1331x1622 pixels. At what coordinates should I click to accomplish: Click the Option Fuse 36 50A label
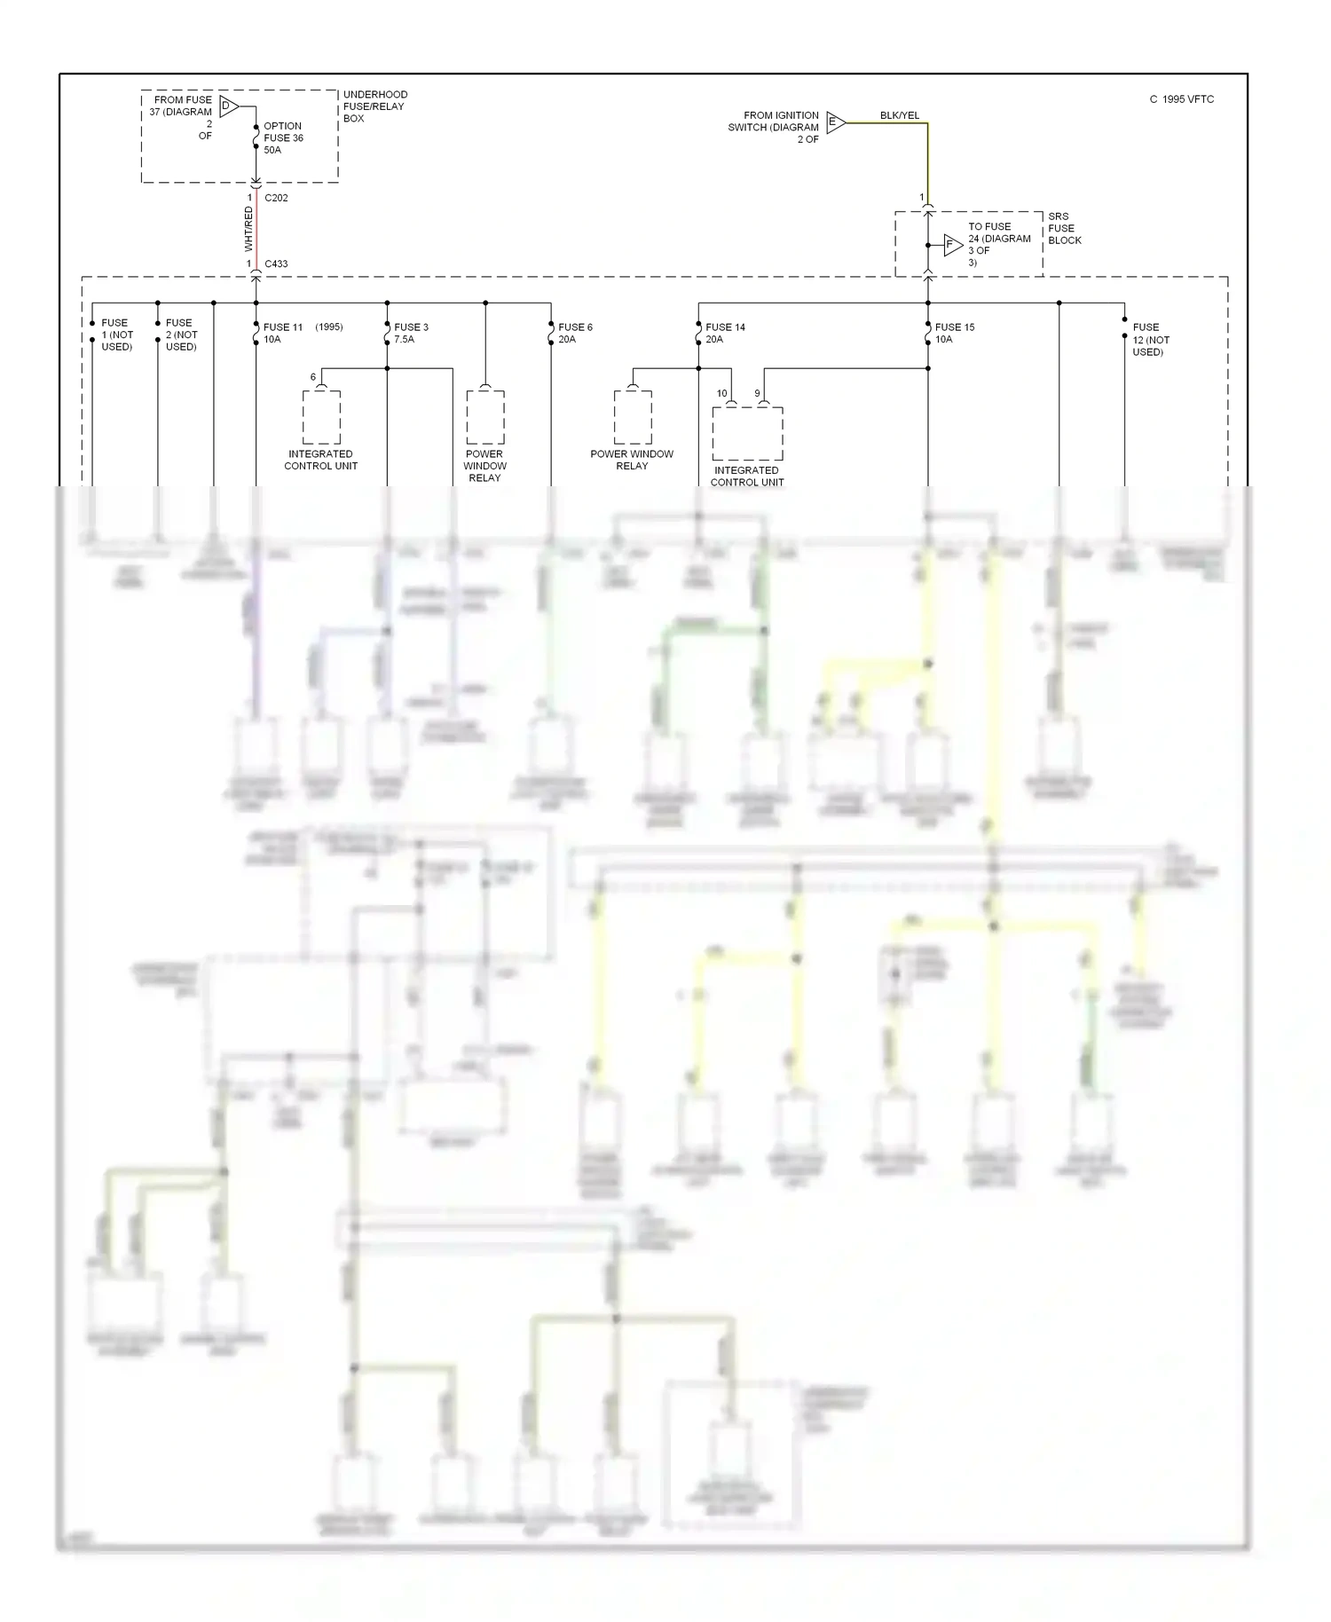pyautogui.click(x=283, y=138)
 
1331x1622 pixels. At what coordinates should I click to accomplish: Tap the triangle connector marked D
pyautogui.click(x=228, y=106)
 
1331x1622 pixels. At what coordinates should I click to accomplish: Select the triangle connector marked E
pyautogui.click(x=835, y=122)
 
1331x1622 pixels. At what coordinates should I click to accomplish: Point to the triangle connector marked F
pyautogui.click(x=952, y=245)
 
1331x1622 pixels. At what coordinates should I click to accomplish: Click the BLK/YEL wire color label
pyautogui.click(x=899, y=115)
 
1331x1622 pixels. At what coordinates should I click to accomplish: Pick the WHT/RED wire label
pyautogui.click(x=248, y=229)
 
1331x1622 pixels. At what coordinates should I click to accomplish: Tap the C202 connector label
pyautogui.click(x=276, y=198)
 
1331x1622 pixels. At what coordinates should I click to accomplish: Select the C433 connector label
pyautogui.click(x=276, y=264)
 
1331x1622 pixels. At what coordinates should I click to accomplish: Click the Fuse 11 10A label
pyautogui.click(x=282, y=333)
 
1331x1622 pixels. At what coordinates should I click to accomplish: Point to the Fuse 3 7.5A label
pyautogui.click(x=411, y=333)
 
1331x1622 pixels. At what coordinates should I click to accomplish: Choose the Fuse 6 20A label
pyautogui.click(x=575, y=333)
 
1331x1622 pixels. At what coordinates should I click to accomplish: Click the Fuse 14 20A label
pyautogui.click(x=725, y=333)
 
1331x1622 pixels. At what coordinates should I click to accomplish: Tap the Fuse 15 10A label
pyautogui.click(x=954, y=333)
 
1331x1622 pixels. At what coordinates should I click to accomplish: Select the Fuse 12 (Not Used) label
pyautogui.click(x=1150, y=339)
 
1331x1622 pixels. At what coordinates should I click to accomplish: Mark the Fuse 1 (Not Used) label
pyautogui.click(x=116, y=335)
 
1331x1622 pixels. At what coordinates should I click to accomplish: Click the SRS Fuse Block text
pyautogui.click(x=1064, y=228)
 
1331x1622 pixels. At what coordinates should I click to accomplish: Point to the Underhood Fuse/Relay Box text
pyautogui.click(x=374, y=106)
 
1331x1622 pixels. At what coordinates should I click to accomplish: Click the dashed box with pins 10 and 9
pyautogui.click(x=747, y=433)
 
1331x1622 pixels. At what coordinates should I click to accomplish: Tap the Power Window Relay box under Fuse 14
pyautogui.click(x=632, y=417)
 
